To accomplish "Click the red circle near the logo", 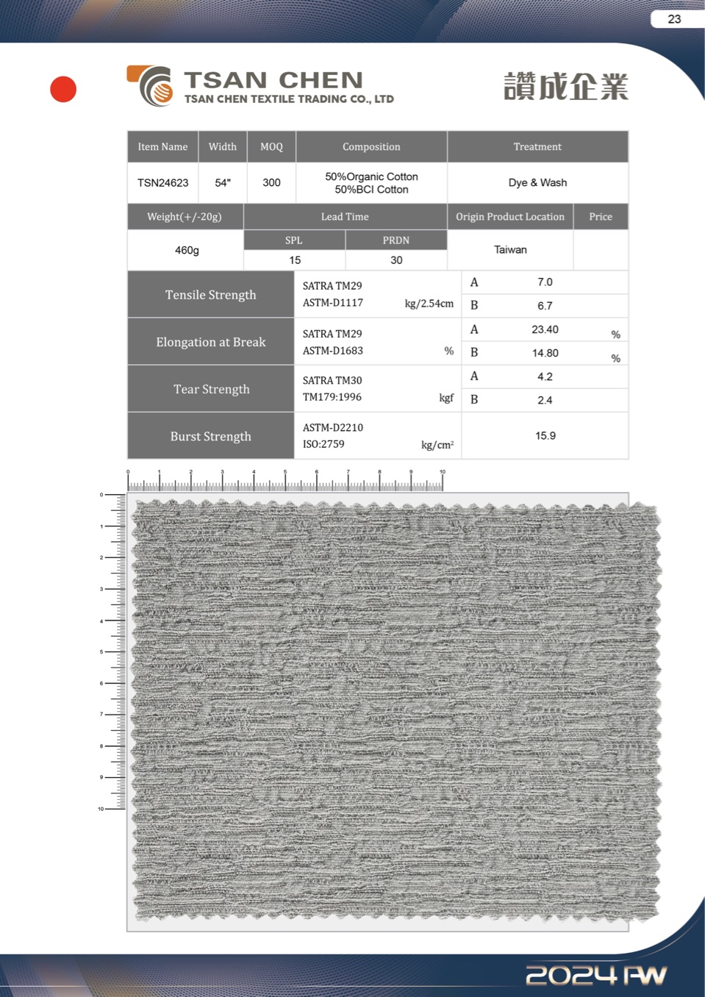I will [x=63, y=89].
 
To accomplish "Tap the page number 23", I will [x=674, y=19].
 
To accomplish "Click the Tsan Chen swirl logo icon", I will [x=151, y=85].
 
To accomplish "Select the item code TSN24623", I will [x=162, y=183].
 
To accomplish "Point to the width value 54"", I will [x=223, y=183].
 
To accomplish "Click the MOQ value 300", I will [x=271, y=183].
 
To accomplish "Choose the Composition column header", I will [x=371, y=147].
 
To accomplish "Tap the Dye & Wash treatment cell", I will [x=537, y=183].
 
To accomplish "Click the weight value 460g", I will [x=187, y=251].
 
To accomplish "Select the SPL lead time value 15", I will [x=295, y=260].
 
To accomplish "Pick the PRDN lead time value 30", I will [x=396, y=260].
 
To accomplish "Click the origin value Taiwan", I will [x=510, y=250].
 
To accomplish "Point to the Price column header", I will [x=601, y=217].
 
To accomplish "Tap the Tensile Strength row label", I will [x=211, y=295].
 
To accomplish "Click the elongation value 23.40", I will [x=545, y=329].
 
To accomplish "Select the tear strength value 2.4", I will [x=545, y=400].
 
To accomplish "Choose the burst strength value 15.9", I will [x=545, y=436].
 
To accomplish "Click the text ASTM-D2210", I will [x=333, y=428].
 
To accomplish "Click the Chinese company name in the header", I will [x=565, y=87].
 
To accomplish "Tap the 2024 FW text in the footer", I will [x=595, y=975].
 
